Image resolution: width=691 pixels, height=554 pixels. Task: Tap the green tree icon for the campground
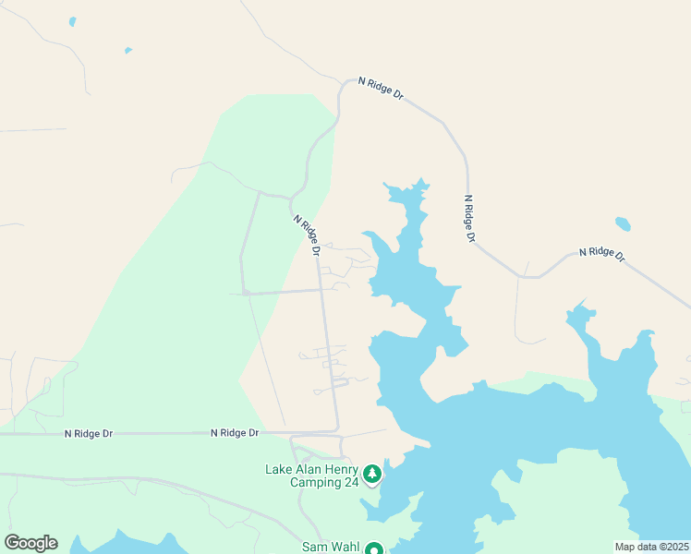(x=372, y=475)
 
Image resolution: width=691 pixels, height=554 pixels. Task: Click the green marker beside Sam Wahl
(x=374, y=549)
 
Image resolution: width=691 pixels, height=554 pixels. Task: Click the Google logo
(x=30, y=543)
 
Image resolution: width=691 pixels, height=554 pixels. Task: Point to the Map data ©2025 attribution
(x=652, y=547)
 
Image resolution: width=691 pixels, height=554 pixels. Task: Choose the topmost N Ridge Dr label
(x=380, y=90)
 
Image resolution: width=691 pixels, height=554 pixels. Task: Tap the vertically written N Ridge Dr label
(x=470, y=219)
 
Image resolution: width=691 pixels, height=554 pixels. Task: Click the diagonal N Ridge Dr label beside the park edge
(x=308, y=235)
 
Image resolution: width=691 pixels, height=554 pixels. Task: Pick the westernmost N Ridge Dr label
(x=88, y=433)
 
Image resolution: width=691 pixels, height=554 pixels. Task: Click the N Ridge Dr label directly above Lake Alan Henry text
(x=234, y=432)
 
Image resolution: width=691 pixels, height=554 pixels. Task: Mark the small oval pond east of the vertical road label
(x=623, y=223)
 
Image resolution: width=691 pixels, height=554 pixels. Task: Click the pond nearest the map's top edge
(x=72, y=21)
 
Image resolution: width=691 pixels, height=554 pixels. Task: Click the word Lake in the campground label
(x=279, y=469)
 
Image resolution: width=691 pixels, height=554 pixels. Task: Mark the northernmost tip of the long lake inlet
(x=422, y=180)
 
